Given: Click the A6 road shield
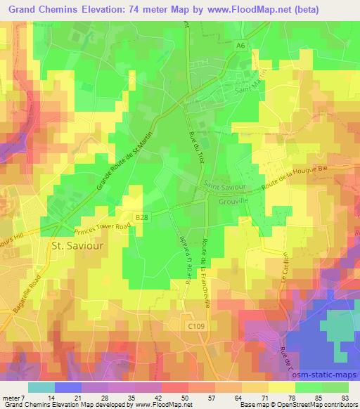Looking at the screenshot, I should click(x=240, y=44).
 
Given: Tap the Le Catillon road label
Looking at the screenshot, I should click(x=286, y=269).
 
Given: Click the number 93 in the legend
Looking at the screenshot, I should click(x=345, y=398).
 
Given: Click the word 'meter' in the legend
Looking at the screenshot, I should click(x=11, y=398).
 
